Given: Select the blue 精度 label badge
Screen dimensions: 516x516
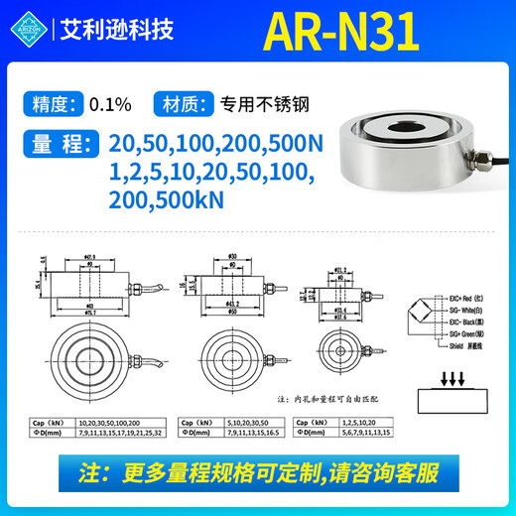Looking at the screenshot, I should pos(52,102).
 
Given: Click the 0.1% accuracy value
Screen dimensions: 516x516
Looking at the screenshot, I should pos(109,102).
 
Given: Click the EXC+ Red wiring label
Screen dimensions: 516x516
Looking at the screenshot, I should pos(468,297).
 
